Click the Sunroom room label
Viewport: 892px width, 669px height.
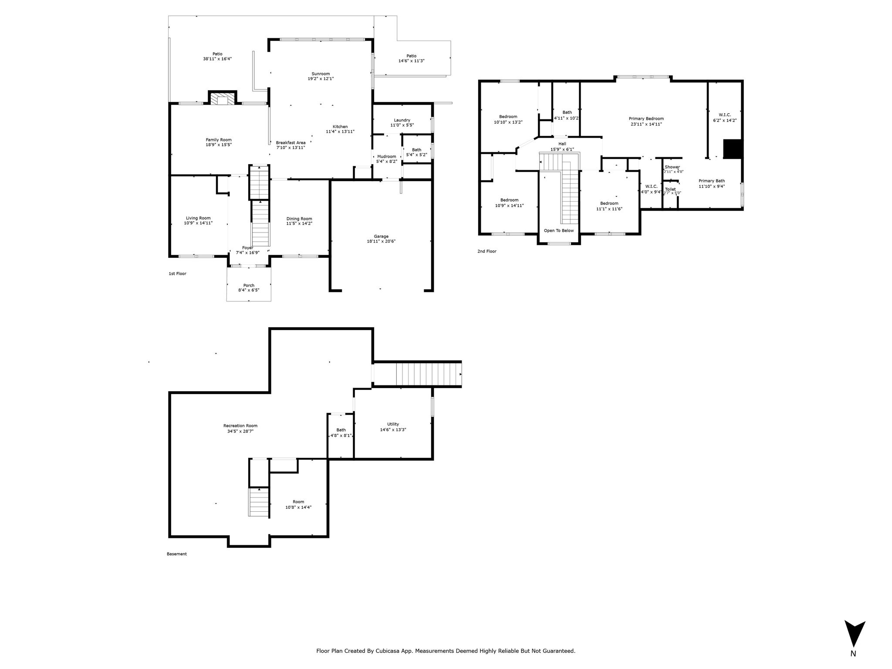(x=321, y=74)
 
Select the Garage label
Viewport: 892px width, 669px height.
(x=381, y=237)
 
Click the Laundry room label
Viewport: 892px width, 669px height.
(x=402, y=120)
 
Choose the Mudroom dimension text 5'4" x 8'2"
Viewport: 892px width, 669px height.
(x=387, y=162)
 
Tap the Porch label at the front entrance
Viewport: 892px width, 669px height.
(x=249, y=286)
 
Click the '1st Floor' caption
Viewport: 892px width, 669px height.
(x=177, y=274)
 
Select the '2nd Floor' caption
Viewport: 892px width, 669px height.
(x=487, y=251)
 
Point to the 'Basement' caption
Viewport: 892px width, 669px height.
(x=177, y=554)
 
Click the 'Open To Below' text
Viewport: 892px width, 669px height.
(x=559, y=230)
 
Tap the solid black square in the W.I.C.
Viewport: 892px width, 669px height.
(x=733, y=149)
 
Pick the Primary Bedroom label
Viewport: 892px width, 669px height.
(x=646, y=118)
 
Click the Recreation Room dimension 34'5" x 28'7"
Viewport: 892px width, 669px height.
(x=240, y=431)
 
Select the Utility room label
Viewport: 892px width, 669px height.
(x=393, y=424)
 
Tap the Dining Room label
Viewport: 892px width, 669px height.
(x=299, y=219)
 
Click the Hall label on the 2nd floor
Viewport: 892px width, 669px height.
(x=562, y=144)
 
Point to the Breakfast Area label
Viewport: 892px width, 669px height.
(x=291, y=142)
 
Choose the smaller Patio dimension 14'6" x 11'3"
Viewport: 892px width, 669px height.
(x=412, y=61)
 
